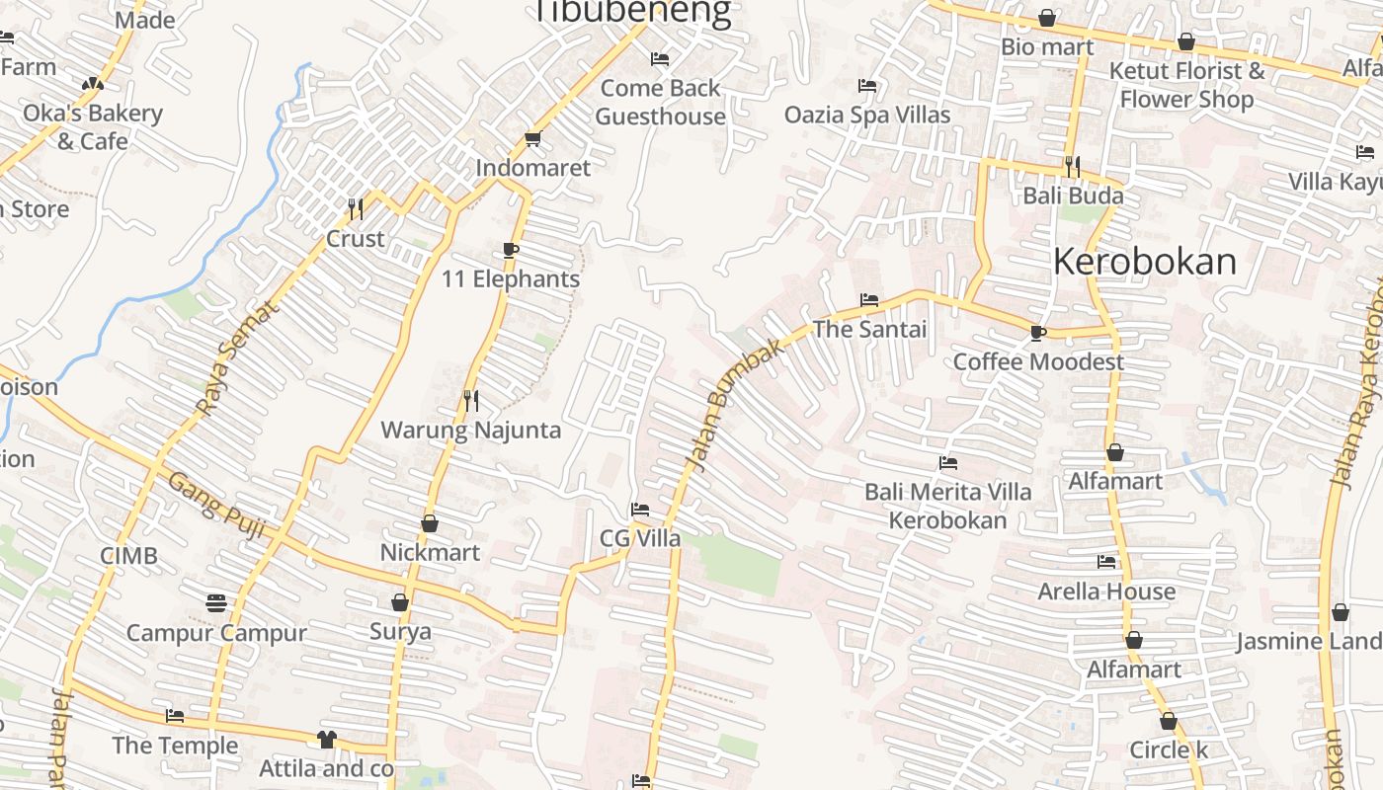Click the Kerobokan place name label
click(1144, 262)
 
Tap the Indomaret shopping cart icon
click(533, 139)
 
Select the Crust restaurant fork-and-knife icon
click(356, 208)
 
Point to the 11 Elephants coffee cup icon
click(511, 250)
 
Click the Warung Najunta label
click(471, 430)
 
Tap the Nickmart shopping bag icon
click(430, 523)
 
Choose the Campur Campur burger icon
click(216, 602)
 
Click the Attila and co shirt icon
click(327, 739)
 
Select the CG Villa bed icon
click(640, 510)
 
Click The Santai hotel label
click(869, 329)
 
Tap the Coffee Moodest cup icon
click(1037, 334)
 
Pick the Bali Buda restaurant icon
click(1072, 166)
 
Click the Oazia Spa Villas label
click(867, 115)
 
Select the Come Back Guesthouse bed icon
click(660, 60)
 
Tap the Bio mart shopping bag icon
click(1047, 19)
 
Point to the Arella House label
click(1106, 592)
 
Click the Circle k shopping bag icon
click(1168, 722)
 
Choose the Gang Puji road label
click(216, 507)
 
